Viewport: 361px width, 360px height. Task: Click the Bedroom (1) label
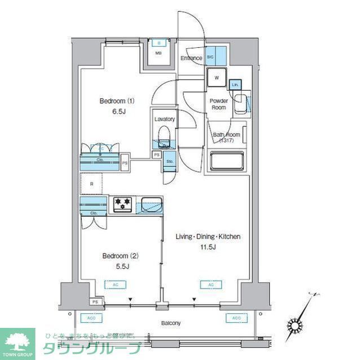click(x=117, y=101)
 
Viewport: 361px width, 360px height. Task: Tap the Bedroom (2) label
click(x=120, y=256)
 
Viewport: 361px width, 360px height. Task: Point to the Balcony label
click(x=171, y=323)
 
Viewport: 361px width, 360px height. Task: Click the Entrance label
click(x=192, y=58)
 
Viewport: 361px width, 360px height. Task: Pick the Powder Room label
click(x=219, y=104)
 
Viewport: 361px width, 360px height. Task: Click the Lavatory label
click(x=165, y=119)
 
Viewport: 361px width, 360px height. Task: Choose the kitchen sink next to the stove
click(x=151, y=205)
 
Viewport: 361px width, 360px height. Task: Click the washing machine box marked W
click(x=217, y=78)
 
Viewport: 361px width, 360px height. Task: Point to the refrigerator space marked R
click(x=91, y=184)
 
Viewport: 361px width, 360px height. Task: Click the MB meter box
click(x=159, y=54)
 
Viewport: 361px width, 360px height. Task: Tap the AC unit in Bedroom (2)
click(x=116, y=285)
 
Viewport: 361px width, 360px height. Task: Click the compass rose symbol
click(x=296, y=325)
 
